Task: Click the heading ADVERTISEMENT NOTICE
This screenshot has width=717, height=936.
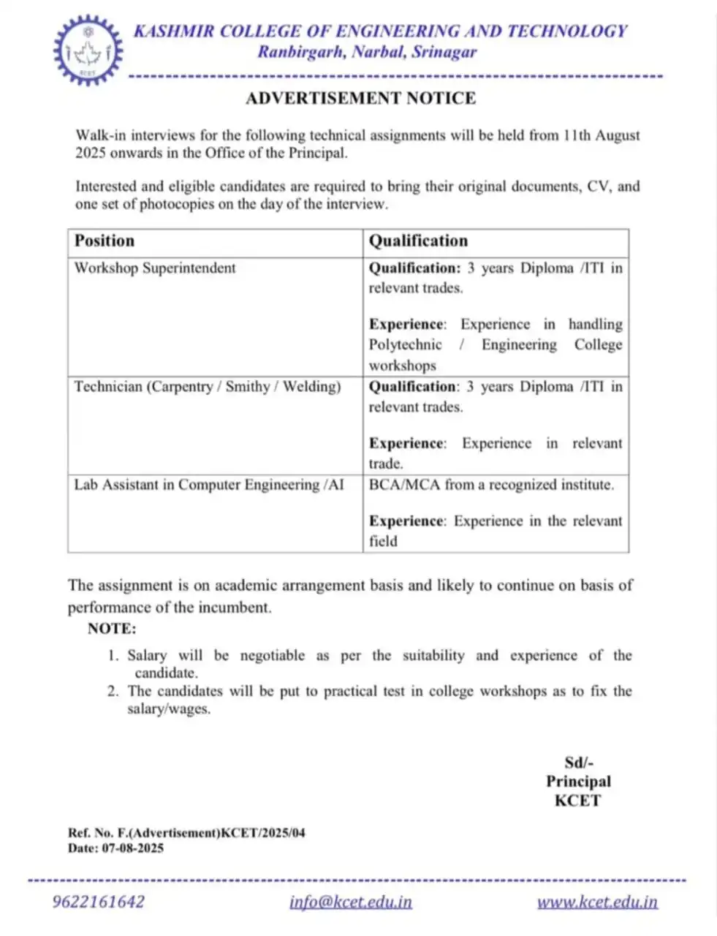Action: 360,98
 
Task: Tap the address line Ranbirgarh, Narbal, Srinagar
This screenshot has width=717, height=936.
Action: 367,52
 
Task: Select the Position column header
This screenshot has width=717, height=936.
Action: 105,241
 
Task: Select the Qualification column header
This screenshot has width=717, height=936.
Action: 418,241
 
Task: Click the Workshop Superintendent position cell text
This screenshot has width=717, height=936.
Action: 155,268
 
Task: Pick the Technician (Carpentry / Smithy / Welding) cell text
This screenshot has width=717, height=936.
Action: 208,386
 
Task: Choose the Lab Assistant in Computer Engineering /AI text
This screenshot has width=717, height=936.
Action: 209,484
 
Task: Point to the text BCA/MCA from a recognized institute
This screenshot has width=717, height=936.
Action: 491,484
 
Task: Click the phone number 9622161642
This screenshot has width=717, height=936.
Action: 98,901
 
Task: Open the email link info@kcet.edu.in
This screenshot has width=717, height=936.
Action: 351,902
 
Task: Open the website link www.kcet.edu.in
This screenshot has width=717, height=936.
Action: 597,902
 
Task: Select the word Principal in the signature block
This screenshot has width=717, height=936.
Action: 578,781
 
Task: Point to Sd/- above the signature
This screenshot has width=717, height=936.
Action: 578,762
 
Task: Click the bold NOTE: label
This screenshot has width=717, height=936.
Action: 112,628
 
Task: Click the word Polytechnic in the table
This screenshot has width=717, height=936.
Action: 405,344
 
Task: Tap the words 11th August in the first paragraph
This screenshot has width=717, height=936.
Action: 602,135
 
